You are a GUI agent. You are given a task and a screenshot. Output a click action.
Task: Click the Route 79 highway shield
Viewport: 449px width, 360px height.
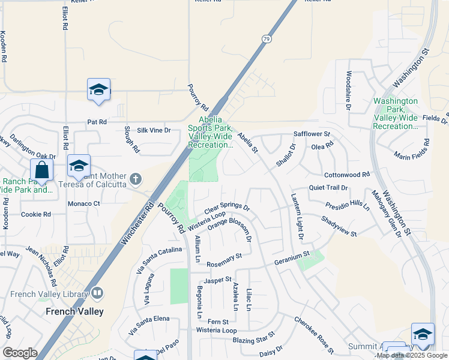266,39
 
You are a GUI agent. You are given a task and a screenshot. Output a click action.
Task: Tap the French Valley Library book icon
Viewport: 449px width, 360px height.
97,293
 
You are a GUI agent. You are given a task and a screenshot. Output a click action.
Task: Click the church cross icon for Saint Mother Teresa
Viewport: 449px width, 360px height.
136,179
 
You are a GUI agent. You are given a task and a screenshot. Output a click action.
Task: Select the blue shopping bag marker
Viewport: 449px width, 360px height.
41,170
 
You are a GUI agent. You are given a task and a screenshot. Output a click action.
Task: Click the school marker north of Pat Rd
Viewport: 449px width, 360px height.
98,90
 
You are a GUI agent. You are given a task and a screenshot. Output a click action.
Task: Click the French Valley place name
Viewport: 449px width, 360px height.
75,311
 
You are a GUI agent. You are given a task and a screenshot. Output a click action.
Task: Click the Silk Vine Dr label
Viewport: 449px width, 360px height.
154,130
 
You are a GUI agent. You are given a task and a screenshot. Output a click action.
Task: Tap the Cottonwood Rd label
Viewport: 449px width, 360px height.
347,175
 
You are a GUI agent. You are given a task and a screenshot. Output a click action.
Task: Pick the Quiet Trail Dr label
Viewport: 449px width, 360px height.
328,187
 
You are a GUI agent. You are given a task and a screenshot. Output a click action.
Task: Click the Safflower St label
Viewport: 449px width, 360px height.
312,134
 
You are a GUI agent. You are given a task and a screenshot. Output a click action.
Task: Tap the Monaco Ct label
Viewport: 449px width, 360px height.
83,203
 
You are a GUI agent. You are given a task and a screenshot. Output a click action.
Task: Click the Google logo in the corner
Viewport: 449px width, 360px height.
20,353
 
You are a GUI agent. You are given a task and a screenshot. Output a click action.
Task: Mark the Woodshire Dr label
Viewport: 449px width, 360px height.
348,91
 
